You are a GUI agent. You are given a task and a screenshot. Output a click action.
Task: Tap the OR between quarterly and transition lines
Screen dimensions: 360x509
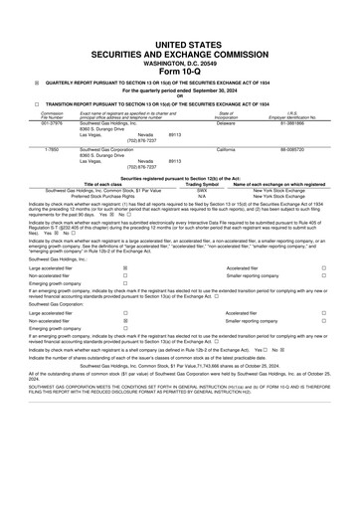179,95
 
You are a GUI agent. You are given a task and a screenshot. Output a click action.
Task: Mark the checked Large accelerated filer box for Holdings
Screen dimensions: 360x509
124,267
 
